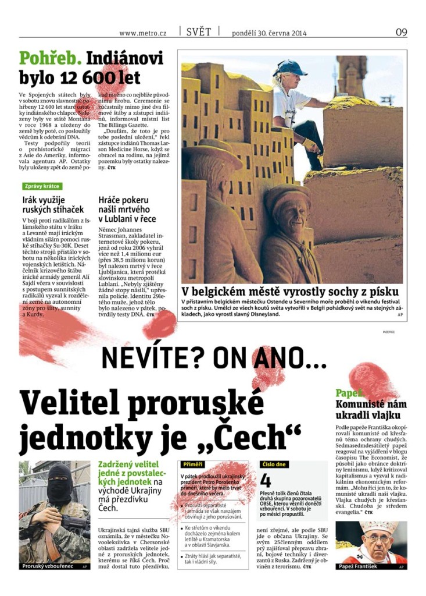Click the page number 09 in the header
[401, 32]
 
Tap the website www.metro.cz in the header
[142, 33]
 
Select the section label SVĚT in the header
[199, 32]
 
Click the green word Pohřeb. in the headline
[50, 58]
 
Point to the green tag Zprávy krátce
[41, 186]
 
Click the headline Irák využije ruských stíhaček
[53, 204]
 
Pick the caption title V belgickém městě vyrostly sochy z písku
[290, 290]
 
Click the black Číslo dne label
[274, 464]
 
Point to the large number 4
[266, 481]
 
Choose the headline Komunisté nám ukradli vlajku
[371, 409]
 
